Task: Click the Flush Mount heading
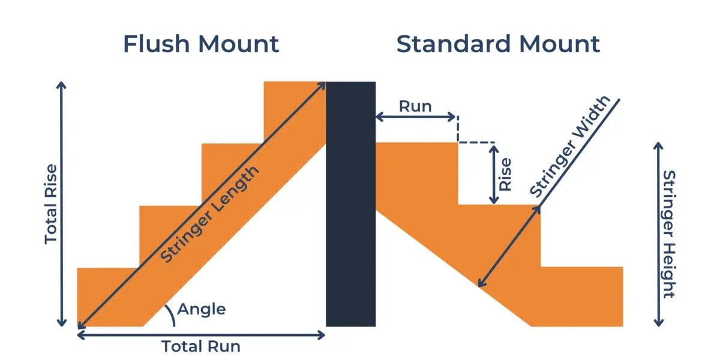click(201, 44)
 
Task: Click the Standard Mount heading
click(498, 44)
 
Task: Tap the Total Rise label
click(51, 204)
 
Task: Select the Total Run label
click(201, 346)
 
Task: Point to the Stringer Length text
click(210, 213)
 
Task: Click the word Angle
click(202, 310)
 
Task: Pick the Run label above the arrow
click(415, 106)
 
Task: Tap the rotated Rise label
click(506, 174)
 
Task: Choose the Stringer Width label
click(570, 147)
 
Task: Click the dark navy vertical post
click(350, 204)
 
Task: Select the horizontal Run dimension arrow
click(415, 117)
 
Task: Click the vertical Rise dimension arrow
click(493, 174)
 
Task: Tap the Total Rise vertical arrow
click(61, 204)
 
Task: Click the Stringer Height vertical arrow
click(658, 234)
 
